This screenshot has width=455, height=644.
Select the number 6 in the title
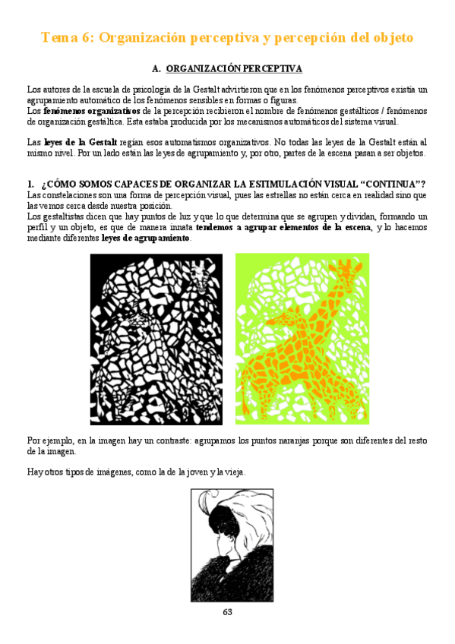click(93, 37)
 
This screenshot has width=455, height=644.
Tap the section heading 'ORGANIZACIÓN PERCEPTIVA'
click(234, 69)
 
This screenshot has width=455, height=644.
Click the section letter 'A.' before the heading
click(157, 69)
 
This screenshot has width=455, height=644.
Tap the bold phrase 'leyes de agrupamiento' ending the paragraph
click(146, 238)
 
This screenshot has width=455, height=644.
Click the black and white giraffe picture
click(156, 339)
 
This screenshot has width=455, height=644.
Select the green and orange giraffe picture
click(302, 339)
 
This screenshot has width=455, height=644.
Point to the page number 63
click(227, 612)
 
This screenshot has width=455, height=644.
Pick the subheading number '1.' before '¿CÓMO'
click(30, 185)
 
